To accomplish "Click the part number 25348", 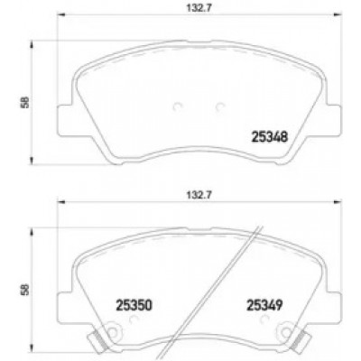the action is (x=270, y=137).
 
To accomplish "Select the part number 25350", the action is (x=134, y=306).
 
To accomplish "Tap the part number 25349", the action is (x=264, y=306).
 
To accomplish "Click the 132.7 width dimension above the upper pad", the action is (x=199, y=8).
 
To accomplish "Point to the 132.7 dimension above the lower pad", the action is (x=199, y=195).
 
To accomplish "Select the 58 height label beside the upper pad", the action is (x=26, y=102).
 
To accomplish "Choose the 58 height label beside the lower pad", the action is (x=26, y=290).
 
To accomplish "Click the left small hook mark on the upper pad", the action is (x=178, y=106).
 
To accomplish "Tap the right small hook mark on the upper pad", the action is (x=220, y=106).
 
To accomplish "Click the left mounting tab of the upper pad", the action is (x=64, y=120).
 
